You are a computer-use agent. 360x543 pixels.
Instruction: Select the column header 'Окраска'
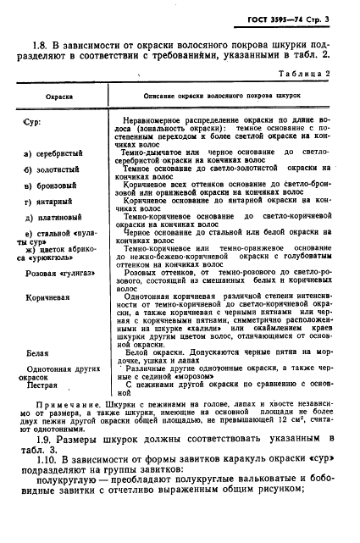(x=59, y=97)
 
